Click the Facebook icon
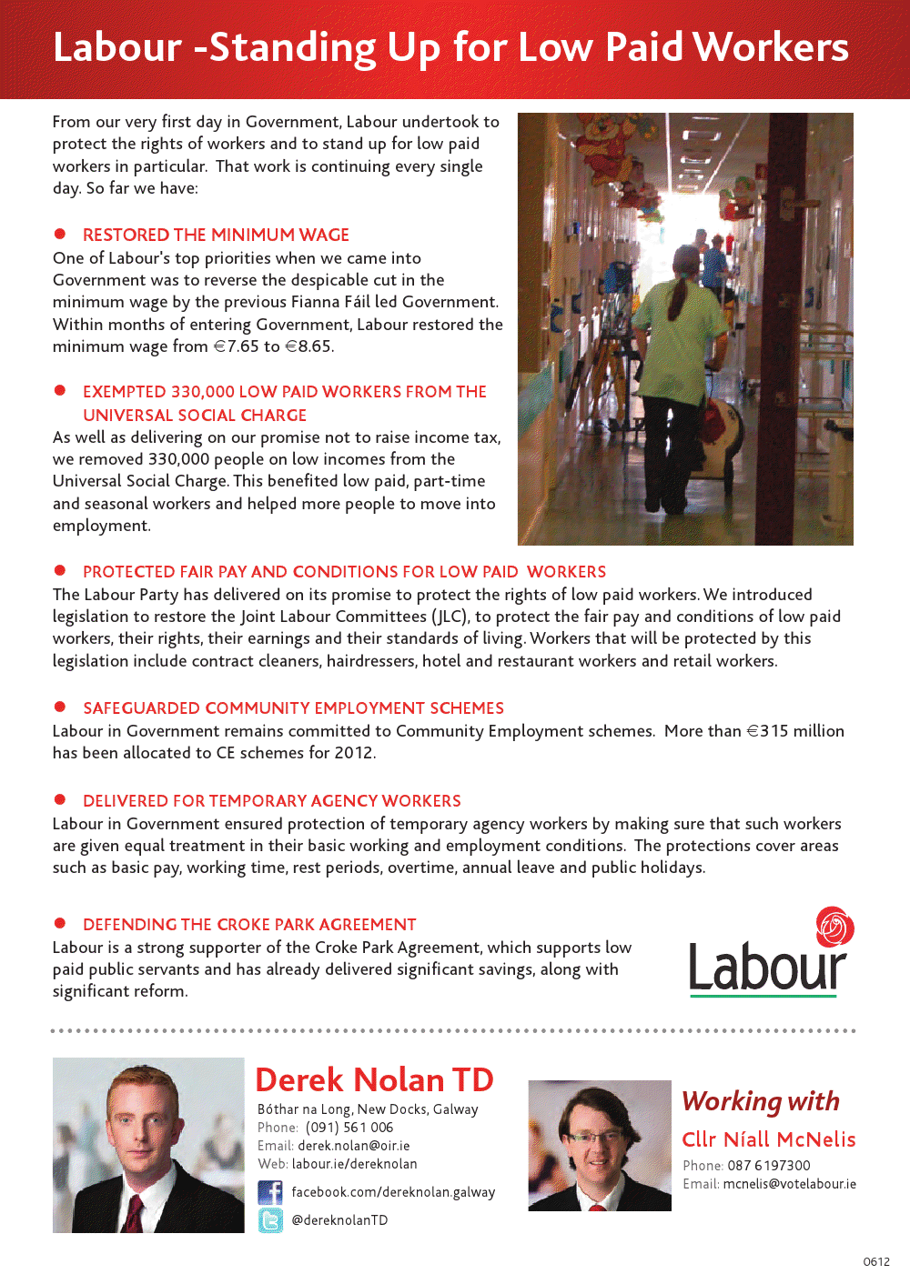point(270,1192)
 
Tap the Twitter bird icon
point(270,1220)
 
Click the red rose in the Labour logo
point(834,927)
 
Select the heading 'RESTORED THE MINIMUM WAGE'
point(216,235)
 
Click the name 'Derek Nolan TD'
point(374,1079)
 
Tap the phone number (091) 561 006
point(349,1128)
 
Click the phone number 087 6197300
point(768,1166)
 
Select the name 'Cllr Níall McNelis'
point(768,1139)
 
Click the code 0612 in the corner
point(876,1261)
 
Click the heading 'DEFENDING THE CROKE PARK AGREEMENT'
point(249,925)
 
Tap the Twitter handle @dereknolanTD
point(339,1220)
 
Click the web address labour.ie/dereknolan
point(354,1164)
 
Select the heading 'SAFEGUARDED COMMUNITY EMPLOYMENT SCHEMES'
point(293,708)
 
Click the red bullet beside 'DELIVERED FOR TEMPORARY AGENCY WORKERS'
point(60,799)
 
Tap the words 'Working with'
point(761,1101)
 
